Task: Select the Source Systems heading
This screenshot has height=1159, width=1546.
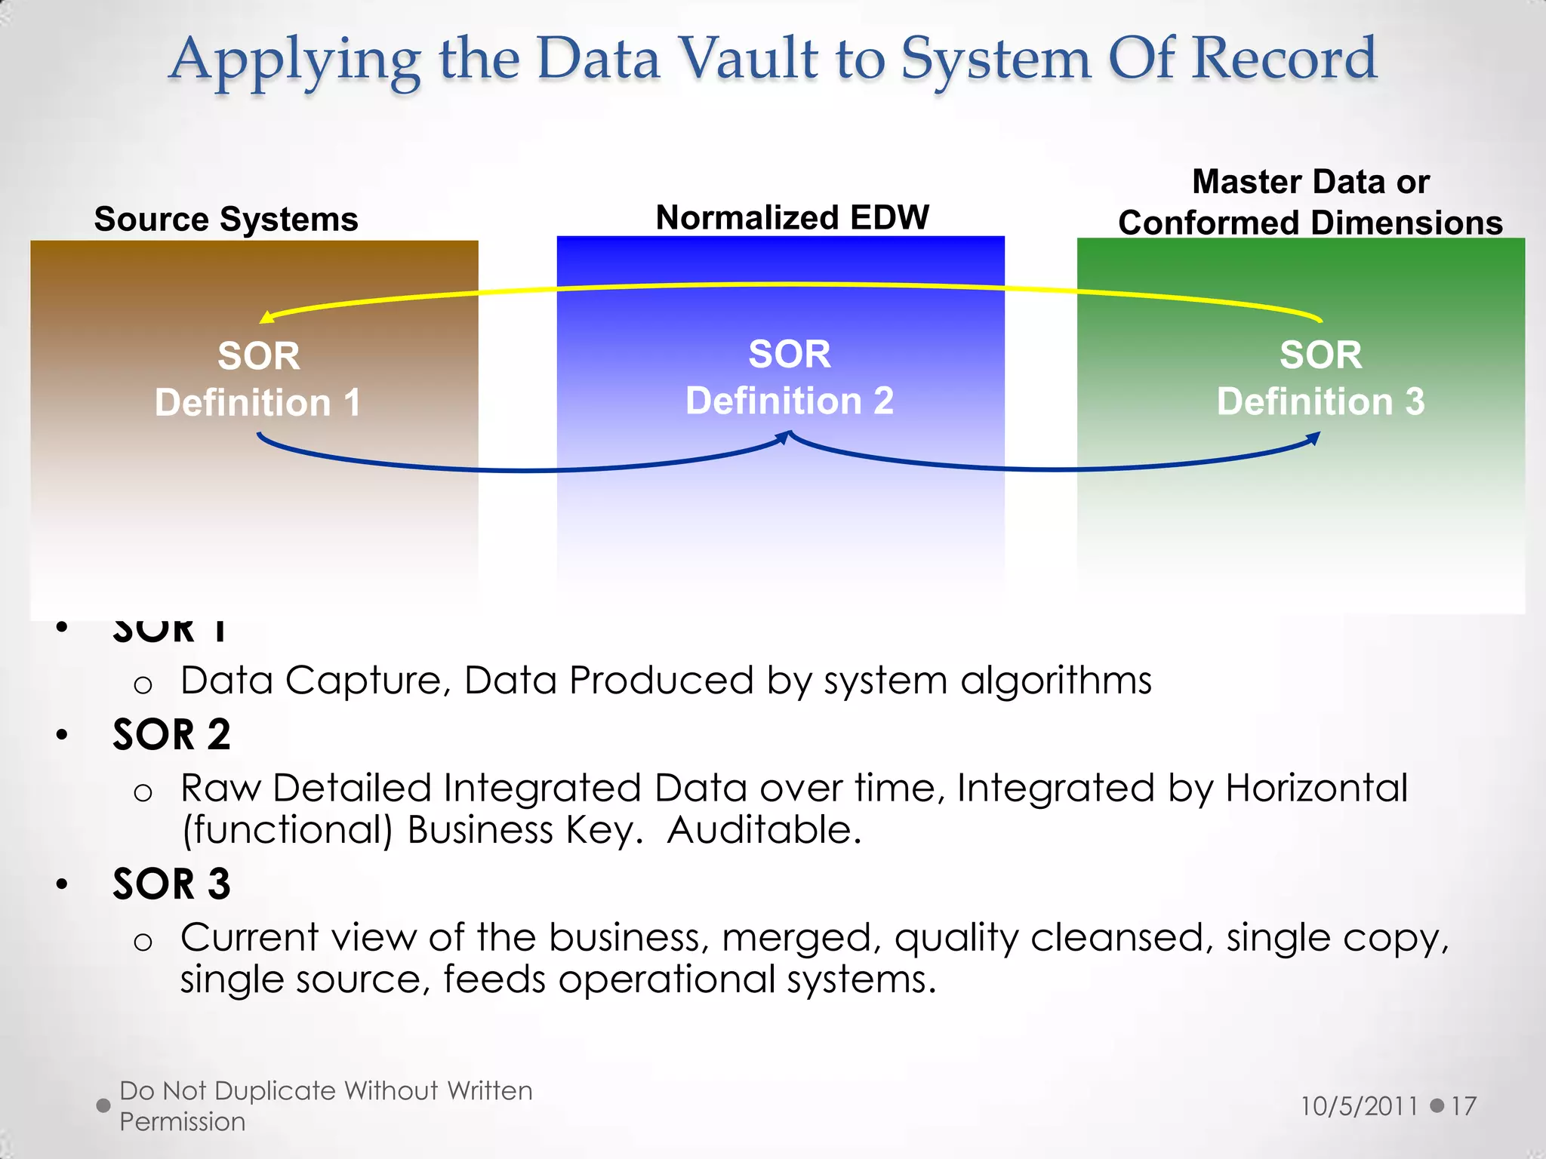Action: (226, 220)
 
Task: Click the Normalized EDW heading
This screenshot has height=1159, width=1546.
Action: (792, 217)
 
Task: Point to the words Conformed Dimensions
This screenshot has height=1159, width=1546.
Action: (1310, 223)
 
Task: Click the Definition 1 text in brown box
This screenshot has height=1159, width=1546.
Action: (257, 402)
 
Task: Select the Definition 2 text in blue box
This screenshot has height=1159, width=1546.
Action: (789, 400)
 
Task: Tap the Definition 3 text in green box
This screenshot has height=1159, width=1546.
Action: (1320, 401)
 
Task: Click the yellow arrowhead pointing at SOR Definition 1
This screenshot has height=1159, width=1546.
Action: (266, 317)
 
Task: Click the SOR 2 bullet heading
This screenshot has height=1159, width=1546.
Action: (171, 734)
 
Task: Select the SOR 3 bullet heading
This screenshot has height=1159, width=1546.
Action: (171, 884)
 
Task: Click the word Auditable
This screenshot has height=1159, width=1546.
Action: (764, 830)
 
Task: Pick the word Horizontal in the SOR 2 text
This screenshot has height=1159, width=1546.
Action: (1316, 788)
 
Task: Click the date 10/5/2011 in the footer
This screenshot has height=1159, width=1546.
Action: (1359, 1106)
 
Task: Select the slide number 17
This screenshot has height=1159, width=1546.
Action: (1463, 1106)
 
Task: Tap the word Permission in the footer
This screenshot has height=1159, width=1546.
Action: (182, 1122)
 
